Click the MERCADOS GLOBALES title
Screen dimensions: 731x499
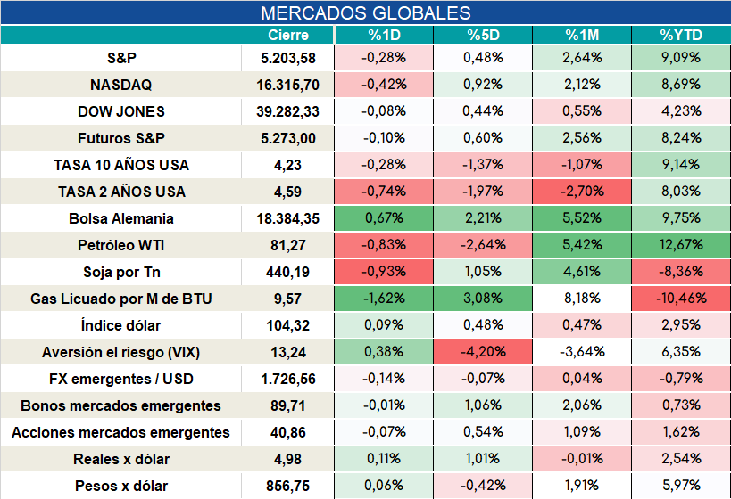point(366,13)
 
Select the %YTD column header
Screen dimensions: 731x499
point(681,35)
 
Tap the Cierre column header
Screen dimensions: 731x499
point(288,35)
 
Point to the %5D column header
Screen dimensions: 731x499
point(483,35)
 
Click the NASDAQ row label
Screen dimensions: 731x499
point(120,85)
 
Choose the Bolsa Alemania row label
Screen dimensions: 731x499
point(121,218)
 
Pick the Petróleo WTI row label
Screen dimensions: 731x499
point(120,245)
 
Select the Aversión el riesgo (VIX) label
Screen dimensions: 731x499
point(120,352)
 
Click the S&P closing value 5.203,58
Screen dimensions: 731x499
point(288,58)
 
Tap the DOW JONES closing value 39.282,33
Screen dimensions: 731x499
point(287,111)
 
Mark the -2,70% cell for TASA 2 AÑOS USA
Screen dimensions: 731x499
point(582,192)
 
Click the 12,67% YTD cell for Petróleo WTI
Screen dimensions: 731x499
point(681,245)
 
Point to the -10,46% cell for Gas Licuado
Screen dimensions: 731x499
point(681,299)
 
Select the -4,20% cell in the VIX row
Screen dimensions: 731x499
point(483,352)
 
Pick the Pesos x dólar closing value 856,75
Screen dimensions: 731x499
point(287,486)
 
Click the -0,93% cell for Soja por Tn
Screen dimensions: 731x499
point(384,272)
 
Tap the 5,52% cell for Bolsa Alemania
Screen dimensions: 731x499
point(582,217)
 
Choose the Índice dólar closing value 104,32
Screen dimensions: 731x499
point(287,325)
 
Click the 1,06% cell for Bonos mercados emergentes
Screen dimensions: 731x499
point(483,405)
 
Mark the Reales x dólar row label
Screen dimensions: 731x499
point(121,460)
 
